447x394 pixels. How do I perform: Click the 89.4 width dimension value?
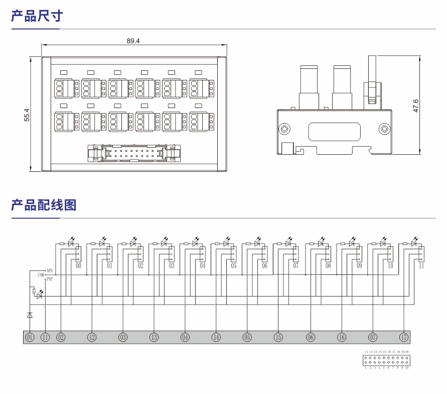pyautogui.click(x=133, y=41)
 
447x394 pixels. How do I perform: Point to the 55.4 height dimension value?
pyautogui.click(x=27, y=115)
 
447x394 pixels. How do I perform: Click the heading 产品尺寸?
pyautogui.click(x=37, y=16)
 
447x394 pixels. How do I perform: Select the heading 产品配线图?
pyautogui.click(x=44, y=205)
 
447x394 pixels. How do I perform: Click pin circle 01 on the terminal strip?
pyautogui.click(x=30, y=337)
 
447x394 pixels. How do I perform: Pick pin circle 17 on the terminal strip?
pyautogui.click(x=404, y=337)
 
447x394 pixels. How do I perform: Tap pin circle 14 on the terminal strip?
pyautogui.click(x=216, y=337)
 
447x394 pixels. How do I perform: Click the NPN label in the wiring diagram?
pyautogui.click(x=50, y=270)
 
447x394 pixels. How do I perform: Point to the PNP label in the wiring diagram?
pyautogui.click(x=50, y=279)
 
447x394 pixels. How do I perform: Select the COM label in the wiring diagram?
pyautogui.click(x=41, y=274)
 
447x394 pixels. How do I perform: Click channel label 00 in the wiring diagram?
pyautogui.click(x=79, y=266)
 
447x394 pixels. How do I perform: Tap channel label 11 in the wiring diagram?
pyautogui.click(x=421, y=266)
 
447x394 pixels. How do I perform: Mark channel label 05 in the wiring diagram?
pyautogui.click(x=234, y=266)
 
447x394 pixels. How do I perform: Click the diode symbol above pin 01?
pyautogui.click(x=30, y=315)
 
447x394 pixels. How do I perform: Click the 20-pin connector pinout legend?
pyautogui.click(x=386, y=360)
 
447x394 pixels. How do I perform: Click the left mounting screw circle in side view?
pyautogui.click(x=284, y=129)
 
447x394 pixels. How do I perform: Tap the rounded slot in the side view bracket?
pyautogui.click(x=333, y=132)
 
